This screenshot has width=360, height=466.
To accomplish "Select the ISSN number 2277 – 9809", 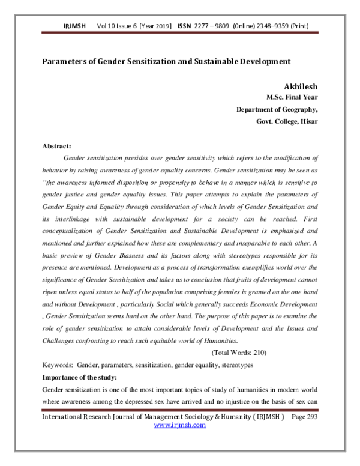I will [x=214, y=26].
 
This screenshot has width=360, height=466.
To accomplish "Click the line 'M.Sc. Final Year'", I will [x=292, y=97].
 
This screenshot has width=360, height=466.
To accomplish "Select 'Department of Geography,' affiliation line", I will [x=277, y=109].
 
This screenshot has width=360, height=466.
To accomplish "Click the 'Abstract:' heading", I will [x=56, y=146].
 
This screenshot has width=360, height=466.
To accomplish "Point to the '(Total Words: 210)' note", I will [x=239, y=353].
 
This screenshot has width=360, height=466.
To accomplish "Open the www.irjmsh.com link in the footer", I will [x=180, y=425].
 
